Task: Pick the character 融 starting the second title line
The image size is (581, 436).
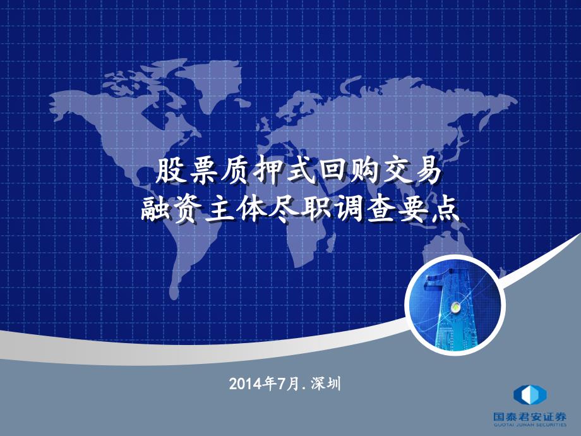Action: (154, 210)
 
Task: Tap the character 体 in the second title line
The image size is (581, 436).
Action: (251, 210)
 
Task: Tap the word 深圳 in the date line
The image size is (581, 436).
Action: (326, 384)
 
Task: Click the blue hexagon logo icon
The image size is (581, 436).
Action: (530, 395)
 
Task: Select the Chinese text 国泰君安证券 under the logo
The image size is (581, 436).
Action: (530, 416)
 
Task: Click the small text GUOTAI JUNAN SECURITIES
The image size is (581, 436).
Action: (530, 425)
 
